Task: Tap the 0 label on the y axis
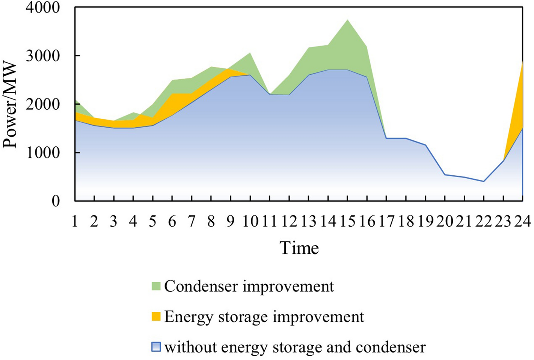point(56,201)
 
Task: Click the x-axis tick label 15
point(347,222)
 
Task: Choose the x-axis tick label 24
point(522,222)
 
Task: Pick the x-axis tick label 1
point(75,222)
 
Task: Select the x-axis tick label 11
point(269,222)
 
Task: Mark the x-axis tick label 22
point(484,222)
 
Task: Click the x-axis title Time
point(299,248)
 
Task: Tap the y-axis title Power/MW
point(10,105)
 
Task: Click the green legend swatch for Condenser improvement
point(156,286)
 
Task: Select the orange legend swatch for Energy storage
point(156,317)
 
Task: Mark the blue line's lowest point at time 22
point(484,181)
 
